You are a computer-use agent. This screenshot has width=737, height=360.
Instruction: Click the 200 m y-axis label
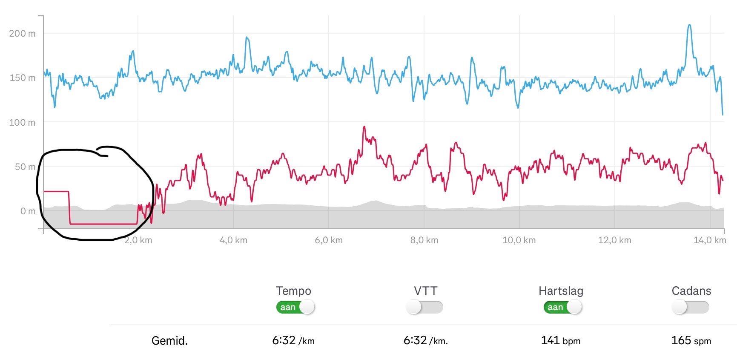(x=22, y=33)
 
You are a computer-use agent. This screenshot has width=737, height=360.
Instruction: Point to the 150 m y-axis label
(x=22, y=78)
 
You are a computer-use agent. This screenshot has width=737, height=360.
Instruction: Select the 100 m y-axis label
(x=22, y=123)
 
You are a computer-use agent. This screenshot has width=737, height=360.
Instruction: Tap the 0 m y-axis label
(x=28, y=211)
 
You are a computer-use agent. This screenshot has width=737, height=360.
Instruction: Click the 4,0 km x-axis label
(x=233, y=240)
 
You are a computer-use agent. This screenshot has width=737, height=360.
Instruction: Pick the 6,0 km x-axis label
(x=329, y=240)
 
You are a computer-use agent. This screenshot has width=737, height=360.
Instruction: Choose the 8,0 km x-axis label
(x=424, y=240)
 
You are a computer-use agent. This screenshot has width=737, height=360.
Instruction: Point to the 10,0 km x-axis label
(x=519, y=240)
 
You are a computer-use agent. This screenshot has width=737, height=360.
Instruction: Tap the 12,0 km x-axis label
(x=614, y=240)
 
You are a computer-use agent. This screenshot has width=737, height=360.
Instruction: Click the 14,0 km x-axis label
(x=709, y=240)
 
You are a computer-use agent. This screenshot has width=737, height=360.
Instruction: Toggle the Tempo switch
(x=295, y=307)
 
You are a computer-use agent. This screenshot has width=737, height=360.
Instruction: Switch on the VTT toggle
(x=424, y=307)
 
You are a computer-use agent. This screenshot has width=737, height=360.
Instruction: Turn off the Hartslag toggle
(x=562, y=307)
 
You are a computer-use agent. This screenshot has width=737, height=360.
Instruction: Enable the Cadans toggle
(x=690, y=307)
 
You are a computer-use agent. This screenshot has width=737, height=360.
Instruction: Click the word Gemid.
(x=169, y=341)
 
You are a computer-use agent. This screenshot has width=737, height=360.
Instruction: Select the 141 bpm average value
(x=560, y=340)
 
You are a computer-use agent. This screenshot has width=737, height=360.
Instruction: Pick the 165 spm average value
(x=691, y=340)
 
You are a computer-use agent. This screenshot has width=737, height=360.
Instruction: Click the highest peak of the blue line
(x=689, y=26)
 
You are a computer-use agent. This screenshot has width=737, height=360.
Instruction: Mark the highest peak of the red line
(x=364, y=127)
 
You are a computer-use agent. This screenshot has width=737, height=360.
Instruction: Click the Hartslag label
(x=561, y=291)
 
